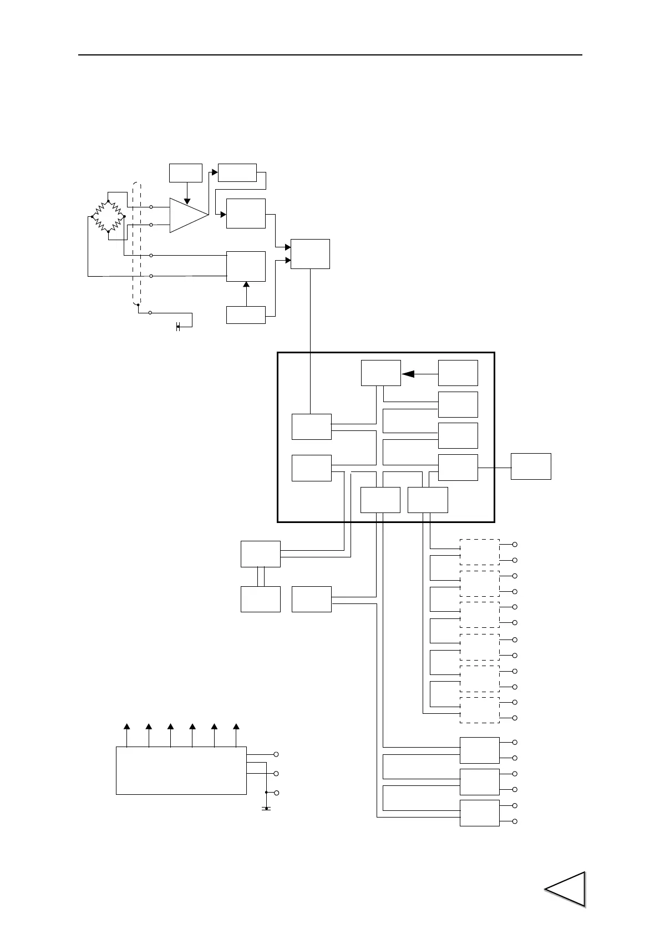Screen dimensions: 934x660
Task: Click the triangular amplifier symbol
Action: pos(187,215)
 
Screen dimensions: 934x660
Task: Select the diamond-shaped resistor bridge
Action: pos(108,216)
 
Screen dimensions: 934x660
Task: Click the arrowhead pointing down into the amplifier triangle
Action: pos(187,201)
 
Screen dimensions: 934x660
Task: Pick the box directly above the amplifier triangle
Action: pos(186,172)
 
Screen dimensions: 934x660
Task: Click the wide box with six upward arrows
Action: pos(181,770)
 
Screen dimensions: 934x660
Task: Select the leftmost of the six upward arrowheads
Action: pos(127,727)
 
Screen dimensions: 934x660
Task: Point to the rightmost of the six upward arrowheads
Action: pos(236,727)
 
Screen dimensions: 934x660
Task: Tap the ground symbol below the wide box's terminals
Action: pos(266,808)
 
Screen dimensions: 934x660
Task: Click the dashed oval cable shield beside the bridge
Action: pos(137,244)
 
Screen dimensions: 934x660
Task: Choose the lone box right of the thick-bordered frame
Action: pos(531,466)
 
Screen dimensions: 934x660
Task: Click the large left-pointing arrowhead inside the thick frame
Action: pos(408,374)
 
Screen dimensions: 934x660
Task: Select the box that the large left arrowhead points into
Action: pos(380,373)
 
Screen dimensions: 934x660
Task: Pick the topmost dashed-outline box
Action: pos(480,551)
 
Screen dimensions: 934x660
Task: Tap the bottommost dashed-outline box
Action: pos(480,710)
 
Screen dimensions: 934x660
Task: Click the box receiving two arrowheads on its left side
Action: pos(310,254)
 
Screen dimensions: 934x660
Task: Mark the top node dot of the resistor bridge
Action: pos(108,201)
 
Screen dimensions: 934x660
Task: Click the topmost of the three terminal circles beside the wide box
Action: pos(276,755)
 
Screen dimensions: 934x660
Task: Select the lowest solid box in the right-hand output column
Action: pos(480,813)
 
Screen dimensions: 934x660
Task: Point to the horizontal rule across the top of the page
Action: pos(330,55)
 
